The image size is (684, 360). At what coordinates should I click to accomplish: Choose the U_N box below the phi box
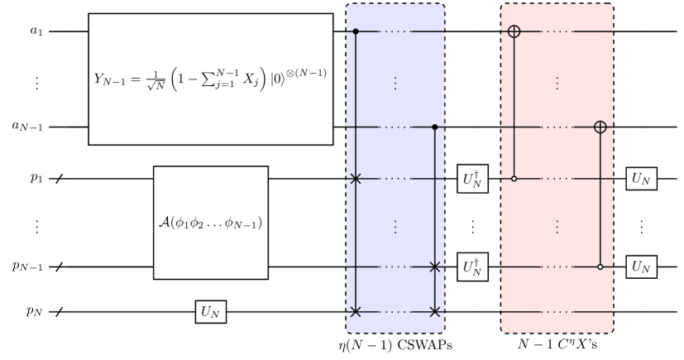(211, 312)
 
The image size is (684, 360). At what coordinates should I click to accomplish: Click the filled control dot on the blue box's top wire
(356, 32)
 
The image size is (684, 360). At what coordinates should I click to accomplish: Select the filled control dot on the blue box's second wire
(435, 127)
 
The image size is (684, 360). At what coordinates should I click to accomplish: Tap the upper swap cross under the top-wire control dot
(356, 178)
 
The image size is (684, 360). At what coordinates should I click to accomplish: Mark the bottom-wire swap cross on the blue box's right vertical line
(435, 312)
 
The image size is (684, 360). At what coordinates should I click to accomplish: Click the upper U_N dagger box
(472, 179)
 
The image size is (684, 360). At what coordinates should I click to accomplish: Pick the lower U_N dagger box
(472, 267)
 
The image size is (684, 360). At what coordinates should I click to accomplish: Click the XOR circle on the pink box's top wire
(514, 32)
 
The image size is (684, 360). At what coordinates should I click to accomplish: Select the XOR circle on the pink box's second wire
(600, 127)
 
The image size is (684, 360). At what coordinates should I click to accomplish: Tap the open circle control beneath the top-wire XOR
(514, 178)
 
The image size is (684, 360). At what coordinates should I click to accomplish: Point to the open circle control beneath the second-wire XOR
(600, 267)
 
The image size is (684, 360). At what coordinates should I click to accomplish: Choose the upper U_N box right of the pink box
(642, 178)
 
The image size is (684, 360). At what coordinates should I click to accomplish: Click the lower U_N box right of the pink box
(642, 267)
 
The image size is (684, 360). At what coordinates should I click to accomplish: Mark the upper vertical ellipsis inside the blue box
(395, 83)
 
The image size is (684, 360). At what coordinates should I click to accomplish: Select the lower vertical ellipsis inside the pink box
(557, 225)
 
